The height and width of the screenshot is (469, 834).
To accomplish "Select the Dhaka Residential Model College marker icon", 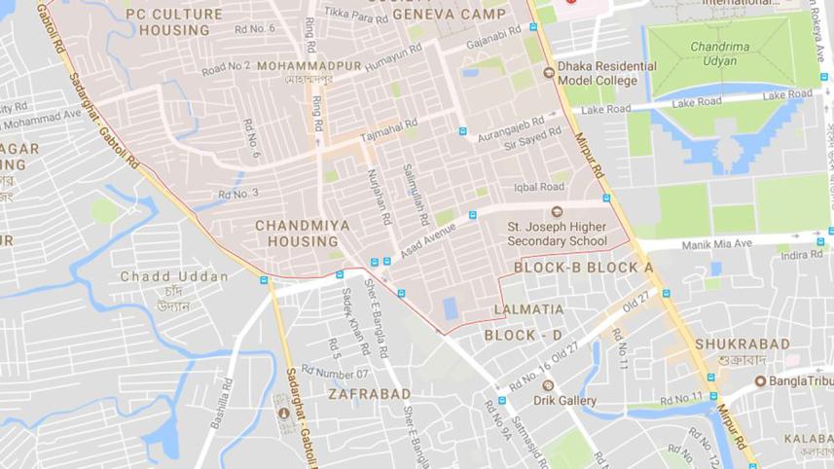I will [x=548, y=71].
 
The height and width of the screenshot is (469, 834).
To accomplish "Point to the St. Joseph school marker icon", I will [x=557, y=212].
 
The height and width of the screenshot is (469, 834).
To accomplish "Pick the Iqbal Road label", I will [x=539, y=187].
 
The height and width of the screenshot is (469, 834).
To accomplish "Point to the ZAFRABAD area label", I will [x=369, y=394].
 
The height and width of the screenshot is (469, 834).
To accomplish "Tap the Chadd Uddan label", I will [x=174, y=276].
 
